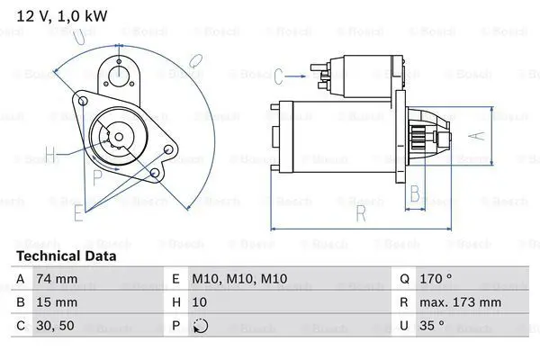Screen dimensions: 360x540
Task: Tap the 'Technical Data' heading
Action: point(67,256)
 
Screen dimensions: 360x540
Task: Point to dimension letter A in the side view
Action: point(479,137)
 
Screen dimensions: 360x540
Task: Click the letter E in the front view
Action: point(78,212)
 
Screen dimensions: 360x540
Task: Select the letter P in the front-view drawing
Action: point(97,177)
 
